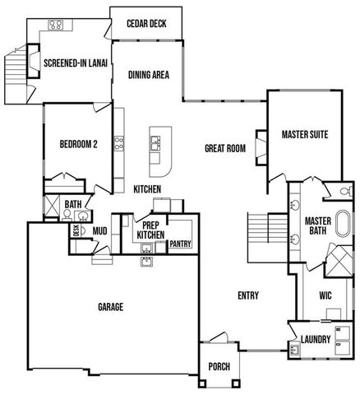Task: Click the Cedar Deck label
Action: [x=146, y=23]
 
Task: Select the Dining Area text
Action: [x=149, y=74]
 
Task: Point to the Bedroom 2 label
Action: [x=78, y=144]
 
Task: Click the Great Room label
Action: [x=225, y=148]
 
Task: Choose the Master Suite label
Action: [x=305, y=133]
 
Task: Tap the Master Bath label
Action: [x=317, y=225]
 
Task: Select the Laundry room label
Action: [x=316, y=339]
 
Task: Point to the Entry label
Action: [x=248, y=295]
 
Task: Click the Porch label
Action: [x=219, y=366]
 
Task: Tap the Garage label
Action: [x=111, y=307]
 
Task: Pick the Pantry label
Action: [x=180, y=244]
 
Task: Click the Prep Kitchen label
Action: [x=150, y=230]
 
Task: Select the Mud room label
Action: [x=99, y=230]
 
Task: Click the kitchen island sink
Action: [x=154, y=144]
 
